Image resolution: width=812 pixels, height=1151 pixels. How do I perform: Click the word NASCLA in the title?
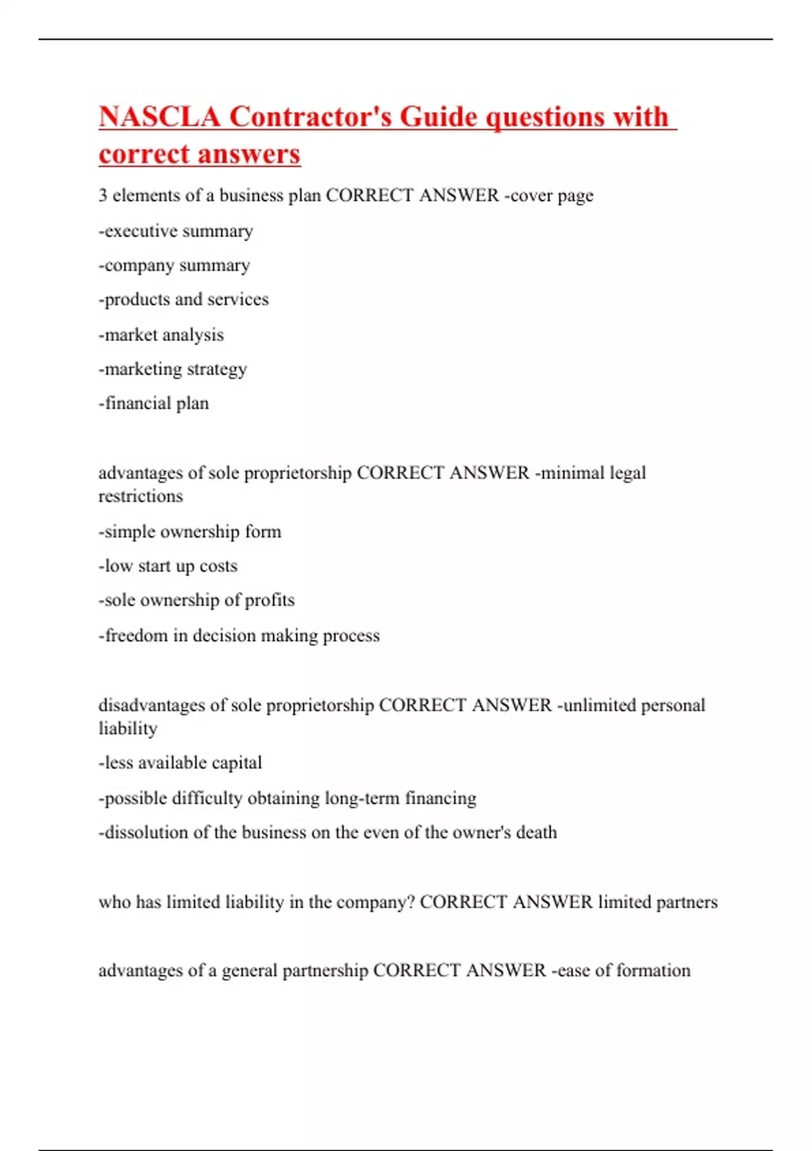(x=160, y=117)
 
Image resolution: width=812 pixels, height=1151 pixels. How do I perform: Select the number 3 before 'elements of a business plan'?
(x=103, y=196)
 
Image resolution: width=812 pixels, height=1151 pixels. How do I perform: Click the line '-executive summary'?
(x=176, y=231)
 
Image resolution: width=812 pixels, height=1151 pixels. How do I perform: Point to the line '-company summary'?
(x=175, y=265)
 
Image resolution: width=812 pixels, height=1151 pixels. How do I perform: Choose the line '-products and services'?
(x=184, y=299)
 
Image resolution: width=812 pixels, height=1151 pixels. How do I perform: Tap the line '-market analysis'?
(x=161, y=335)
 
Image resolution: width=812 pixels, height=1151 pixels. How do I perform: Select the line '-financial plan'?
(x=154, y=404)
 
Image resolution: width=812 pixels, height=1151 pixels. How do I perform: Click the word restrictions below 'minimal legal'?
(x=141, y=496)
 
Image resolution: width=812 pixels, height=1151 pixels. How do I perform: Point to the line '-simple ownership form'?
(x=190, y=531)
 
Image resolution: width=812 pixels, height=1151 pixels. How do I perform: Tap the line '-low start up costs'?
(x=168, y=566)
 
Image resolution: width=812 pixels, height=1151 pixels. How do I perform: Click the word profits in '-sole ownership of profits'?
(x=269, y=601)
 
